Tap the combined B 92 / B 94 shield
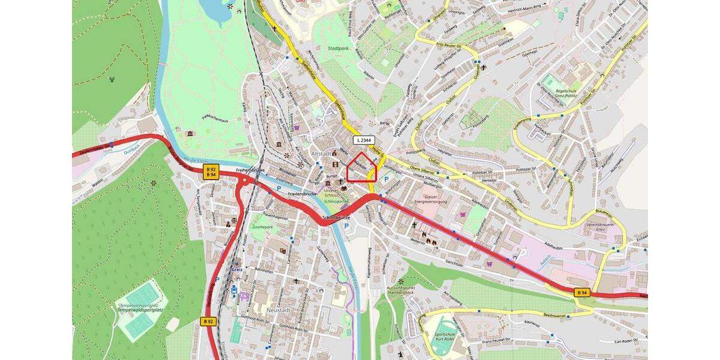(x=211, y=172)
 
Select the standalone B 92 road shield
(x=208, y=322)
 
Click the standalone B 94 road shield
(x=581, y=292)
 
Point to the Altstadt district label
(x=322, y=154)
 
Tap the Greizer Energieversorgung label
(x=430, y=199)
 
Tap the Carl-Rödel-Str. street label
(x=631, y=342)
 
